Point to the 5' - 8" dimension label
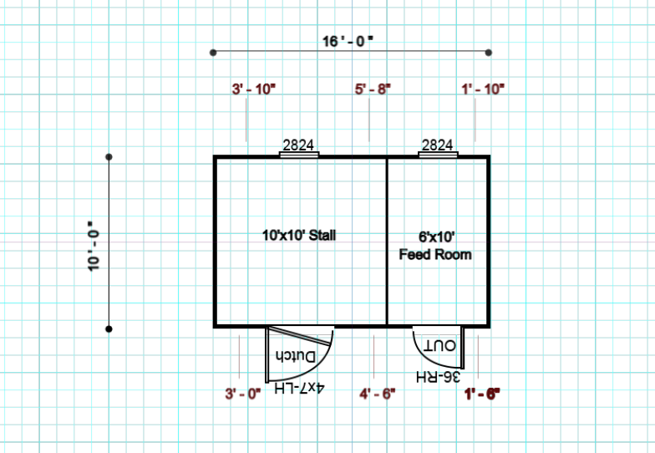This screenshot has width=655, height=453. click(373, 89)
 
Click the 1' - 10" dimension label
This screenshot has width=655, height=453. click(483, 89)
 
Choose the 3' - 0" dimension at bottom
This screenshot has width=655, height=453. click(243, 392)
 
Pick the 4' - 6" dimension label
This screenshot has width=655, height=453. click(376, 392)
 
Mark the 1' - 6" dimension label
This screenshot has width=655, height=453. click(481, 392)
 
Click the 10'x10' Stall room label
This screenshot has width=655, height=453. click(298, 235)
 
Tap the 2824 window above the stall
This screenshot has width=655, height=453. click(298, 145)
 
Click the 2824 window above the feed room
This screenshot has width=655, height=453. click(438, 145)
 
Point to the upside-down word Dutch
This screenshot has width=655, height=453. click(296, 357)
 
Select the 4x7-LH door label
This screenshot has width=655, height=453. click(298, 389)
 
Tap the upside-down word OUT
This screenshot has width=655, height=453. click(439, 345)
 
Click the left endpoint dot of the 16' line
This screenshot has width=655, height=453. click(213, 53)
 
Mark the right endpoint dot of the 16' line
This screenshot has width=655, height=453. click(489, 53)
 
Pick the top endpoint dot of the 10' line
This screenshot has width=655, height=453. click(109, 157)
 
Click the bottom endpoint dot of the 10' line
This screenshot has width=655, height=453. click(109, 329)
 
